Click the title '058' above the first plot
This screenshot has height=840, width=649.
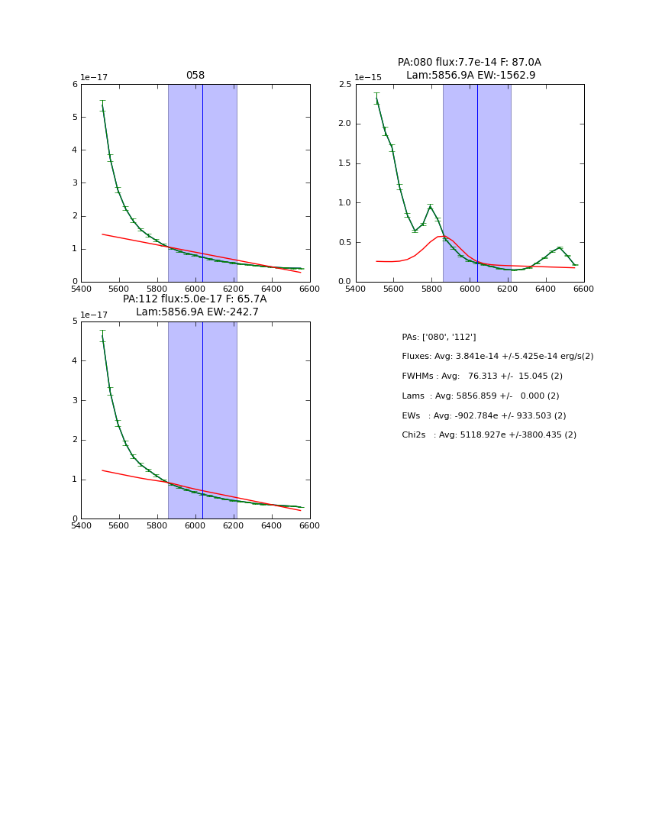[195, 76]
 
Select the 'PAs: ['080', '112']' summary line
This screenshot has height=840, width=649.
[439, 337]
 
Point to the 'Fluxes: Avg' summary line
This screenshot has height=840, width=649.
[497, 357]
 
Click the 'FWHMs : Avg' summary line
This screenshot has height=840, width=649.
[482, 376]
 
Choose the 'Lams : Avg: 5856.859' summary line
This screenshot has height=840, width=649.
[480, 396]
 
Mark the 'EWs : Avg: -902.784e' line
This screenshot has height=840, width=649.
[484, 416]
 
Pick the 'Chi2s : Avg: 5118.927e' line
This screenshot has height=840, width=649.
[489, 435]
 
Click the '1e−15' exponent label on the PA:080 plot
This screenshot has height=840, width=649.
[368, 78]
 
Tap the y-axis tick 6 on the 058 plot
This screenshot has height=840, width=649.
[75, 85]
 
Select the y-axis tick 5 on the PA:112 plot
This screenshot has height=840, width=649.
[75, 321]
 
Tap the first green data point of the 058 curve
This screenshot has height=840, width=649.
[102, 106]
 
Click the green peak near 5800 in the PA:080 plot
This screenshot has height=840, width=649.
[431, 206]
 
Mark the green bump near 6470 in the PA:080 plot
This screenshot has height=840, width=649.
[560, 247]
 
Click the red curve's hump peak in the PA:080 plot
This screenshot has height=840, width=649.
[441, 236]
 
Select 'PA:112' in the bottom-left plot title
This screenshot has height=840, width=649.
[138, 299]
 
